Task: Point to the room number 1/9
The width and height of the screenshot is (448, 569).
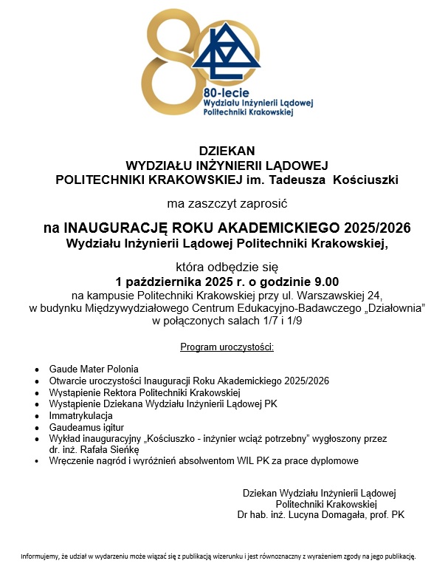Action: click(x=293, y=321)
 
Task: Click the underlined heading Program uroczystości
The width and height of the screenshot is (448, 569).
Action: click(x=227, y=347)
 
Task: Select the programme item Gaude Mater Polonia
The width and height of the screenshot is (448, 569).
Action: click(x=94, y=368)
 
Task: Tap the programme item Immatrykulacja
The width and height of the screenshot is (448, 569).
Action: click(x=80, y=415)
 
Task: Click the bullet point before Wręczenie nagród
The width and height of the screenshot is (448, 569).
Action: click(x=38, y=461)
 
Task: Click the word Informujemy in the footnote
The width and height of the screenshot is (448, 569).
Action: click(x=40, y=556)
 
